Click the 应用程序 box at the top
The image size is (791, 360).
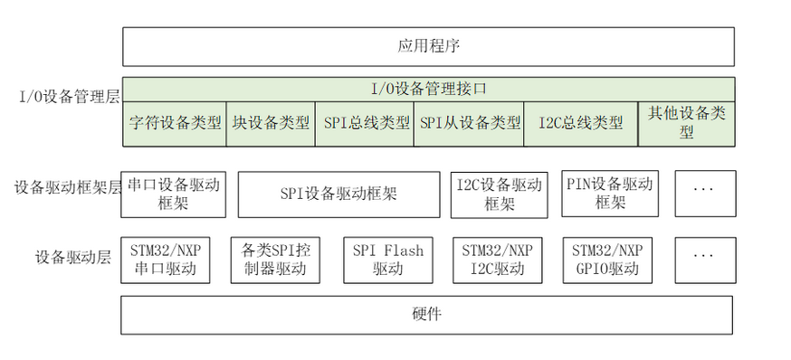point(427,45)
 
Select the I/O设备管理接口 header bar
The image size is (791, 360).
point(427,89)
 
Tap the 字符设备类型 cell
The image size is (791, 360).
point(175,123)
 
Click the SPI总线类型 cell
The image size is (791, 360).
point(366,123)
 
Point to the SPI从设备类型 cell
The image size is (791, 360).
point(470,123)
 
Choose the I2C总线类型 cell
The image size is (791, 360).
point(580,123)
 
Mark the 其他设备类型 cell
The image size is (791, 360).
point(686,123)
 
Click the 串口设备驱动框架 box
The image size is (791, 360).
point(173,194)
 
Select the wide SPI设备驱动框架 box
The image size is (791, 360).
point(338,194)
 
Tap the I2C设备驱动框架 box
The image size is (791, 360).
point(499,194)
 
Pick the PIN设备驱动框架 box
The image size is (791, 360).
point(609,194)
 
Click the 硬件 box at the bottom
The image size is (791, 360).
point(427,315)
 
